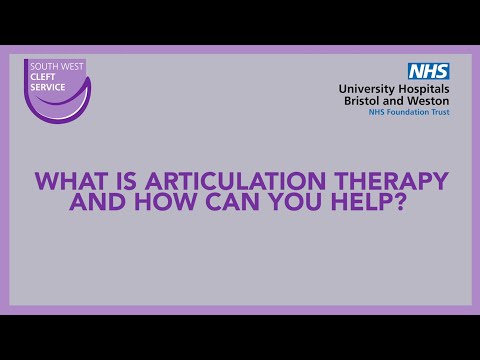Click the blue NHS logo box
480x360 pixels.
428,71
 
